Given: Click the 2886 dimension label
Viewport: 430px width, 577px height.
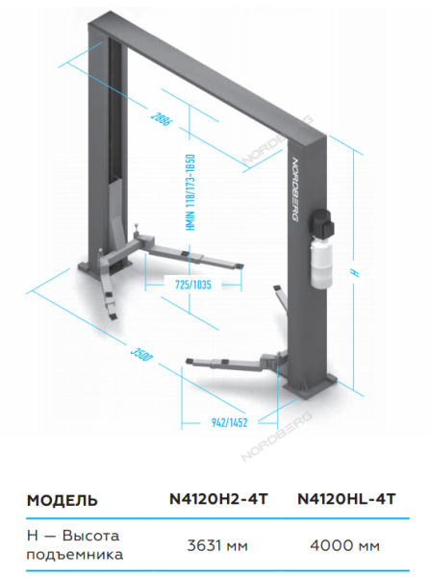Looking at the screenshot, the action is (161, 118).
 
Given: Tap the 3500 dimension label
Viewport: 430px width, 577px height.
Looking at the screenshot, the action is (141, 354).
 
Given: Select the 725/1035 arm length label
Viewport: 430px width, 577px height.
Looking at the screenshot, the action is (193, 285).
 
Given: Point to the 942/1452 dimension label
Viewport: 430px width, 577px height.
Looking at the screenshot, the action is (229, 422).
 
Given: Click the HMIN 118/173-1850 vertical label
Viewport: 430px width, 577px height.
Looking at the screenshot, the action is (190, 192).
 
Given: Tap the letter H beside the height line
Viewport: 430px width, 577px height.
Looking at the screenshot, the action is (355, 273).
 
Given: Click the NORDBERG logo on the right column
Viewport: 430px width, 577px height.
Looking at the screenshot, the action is (295, 189).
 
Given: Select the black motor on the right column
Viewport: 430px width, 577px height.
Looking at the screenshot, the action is (323, 224).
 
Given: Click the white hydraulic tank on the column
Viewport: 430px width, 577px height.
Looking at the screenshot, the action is (321, 262).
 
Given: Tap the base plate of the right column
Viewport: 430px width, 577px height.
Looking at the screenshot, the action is (310, 386).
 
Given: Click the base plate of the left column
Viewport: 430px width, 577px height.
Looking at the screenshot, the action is (105, 268).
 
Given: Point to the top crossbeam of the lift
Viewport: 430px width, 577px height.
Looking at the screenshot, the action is (207, 76).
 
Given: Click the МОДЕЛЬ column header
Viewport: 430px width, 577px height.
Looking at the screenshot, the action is (63, 500).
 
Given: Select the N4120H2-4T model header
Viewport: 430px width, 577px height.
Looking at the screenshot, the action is (218, 499).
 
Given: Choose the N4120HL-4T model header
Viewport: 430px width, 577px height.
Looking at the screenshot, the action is (346, 499).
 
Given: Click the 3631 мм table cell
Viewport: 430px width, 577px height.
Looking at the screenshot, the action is (217, 545).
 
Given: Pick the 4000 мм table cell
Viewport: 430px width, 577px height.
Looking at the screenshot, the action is (345, 545).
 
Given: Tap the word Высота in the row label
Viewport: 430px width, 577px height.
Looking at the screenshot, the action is (91, 536).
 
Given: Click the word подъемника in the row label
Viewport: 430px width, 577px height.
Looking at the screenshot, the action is (75, 555).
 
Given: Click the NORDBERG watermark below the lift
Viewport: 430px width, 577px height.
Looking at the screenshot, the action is (277, 437).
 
